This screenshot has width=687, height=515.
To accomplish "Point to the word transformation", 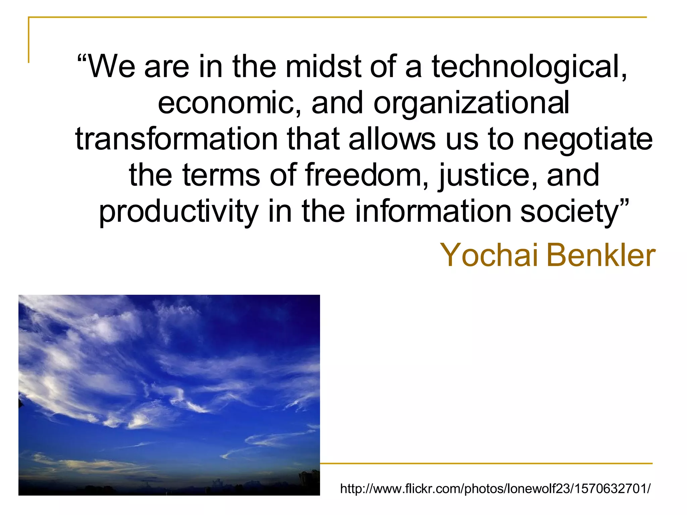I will click(x=176, y=139).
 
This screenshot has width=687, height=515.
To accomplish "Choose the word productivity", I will click(x=178, y=211).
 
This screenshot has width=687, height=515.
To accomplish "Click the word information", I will click(x=433, y=211).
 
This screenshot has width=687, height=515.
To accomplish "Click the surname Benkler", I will click(x=601, y=255).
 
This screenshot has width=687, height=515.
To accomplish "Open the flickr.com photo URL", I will click(x=495, y=489).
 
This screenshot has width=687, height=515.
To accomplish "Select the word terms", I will click(x=221, y=175).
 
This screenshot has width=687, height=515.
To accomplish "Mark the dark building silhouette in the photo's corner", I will click(x=309, y=481).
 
